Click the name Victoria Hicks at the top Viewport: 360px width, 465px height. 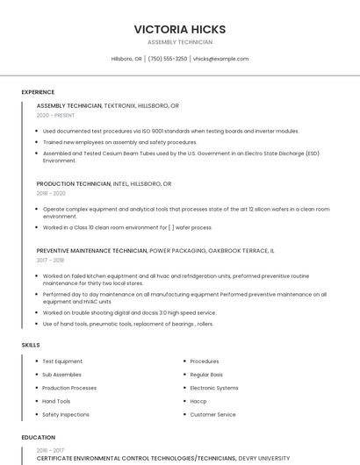pyautogui.click(x=179, y=29)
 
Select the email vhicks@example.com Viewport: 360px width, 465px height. pyautogui.click(x=220, y=59)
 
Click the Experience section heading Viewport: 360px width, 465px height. pyautogui.click(x=38, y=92)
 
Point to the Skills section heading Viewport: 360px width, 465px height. pyautogui.click(x=31, y=345)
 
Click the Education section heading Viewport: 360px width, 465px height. pyautogui.click(x=38, y=437)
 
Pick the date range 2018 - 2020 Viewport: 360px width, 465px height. pyautogui.click(x=51, y=193)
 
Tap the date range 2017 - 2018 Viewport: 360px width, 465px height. pyautogui.click(x=50, y=260)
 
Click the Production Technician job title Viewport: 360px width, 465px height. pyautogui.click(x=74, y=184)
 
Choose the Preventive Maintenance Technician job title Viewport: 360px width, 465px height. pyautogui.click(x=92, y=250)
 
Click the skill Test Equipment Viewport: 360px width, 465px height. pyautogui.click(x=62, y=361)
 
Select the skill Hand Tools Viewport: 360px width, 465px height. pyautogui.click(x=56, y=401)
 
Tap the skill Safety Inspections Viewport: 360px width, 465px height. pyautogui.click(x=66, y=414)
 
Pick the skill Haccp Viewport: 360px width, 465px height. pyautogui.click(x=198, y=401)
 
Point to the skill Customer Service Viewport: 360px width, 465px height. pyautogui.click(x=212, y=414)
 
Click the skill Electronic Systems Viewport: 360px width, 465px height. pyautogui.click(x=214, y=388)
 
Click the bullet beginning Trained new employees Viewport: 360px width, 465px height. pyautogui.click(x=119, y=141)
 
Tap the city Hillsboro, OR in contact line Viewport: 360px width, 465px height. pyautogui.click(x=126, y=59)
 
